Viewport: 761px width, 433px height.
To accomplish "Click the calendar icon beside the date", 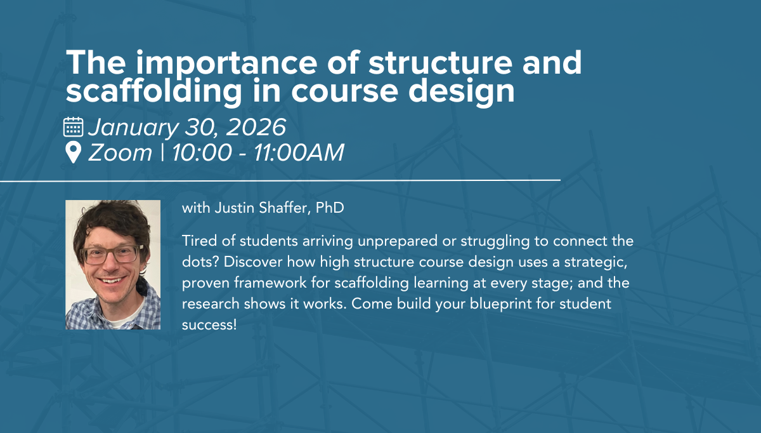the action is point(73,127).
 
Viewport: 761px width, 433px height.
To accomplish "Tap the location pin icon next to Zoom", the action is point(73,152).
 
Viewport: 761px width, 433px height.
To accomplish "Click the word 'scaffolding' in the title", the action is point(153,91).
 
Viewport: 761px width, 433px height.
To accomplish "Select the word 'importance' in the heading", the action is point(226,63).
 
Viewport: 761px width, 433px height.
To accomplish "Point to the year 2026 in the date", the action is point(256,127).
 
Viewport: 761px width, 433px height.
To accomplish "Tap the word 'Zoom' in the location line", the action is point(120,152).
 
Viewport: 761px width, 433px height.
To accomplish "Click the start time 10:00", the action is point(202,152).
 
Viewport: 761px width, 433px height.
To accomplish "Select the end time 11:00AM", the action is point(299,152).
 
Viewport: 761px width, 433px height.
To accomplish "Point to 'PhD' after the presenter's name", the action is point(330,208).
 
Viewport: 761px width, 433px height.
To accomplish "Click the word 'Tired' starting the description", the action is point(199,241).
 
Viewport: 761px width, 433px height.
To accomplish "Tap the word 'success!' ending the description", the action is point(209,325).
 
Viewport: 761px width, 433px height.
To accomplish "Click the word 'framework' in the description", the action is point(270,283).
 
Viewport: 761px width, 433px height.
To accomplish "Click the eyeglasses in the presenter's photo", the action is point(112,255).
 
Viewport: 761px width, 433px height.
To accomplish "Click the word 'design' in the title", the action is point(462,91).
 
